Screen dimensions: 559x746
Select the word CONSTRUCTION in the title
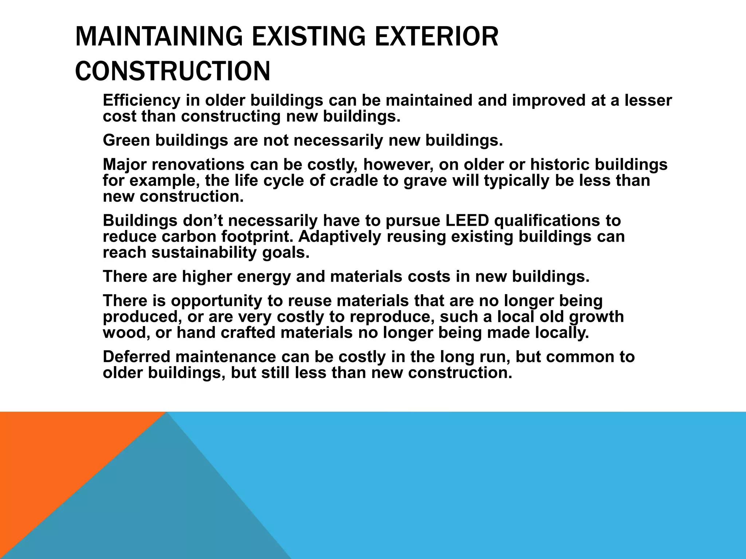[x=173, y=71]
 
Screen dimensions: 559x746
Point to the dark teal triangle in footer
[x=164, y=510]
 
